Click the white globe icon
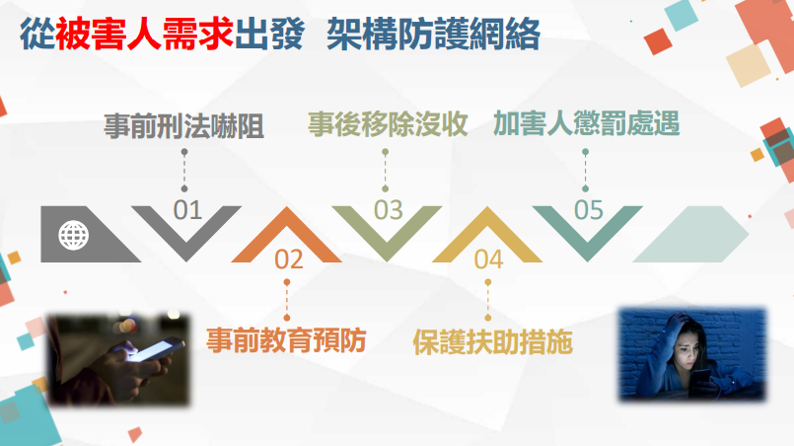click(x=73, y=235)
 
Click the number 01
click(x=187, y=210)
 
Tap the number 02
click(x=289, y=259)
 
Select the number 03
click(x=389, y=210)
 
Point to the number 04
click(x=488, y=259)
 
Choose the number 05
click(x=589, y=210)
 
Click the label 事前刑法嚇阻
click(x=183, y=126)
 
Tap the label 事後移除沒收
click(x=388, y=124)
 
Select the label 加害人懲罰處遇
click(x=587, y=123)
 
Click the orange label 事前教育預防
click(x=286, y=340)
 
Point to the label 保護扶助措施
click(x=493, y=342)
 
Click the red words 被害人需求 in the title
click(x=145, y=34)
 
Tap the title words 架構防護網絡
click(x=433, y=34)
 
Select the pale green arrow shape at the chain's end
click(x=691, y=234)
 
